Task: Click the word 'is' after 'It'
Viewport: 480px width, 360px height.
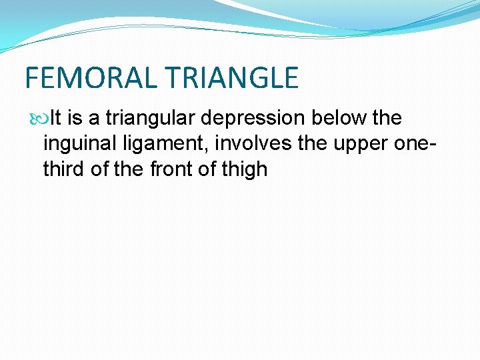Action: tap(75, 119)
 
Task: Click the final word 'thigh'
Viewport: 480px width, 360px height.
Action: tap(245, 169)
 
